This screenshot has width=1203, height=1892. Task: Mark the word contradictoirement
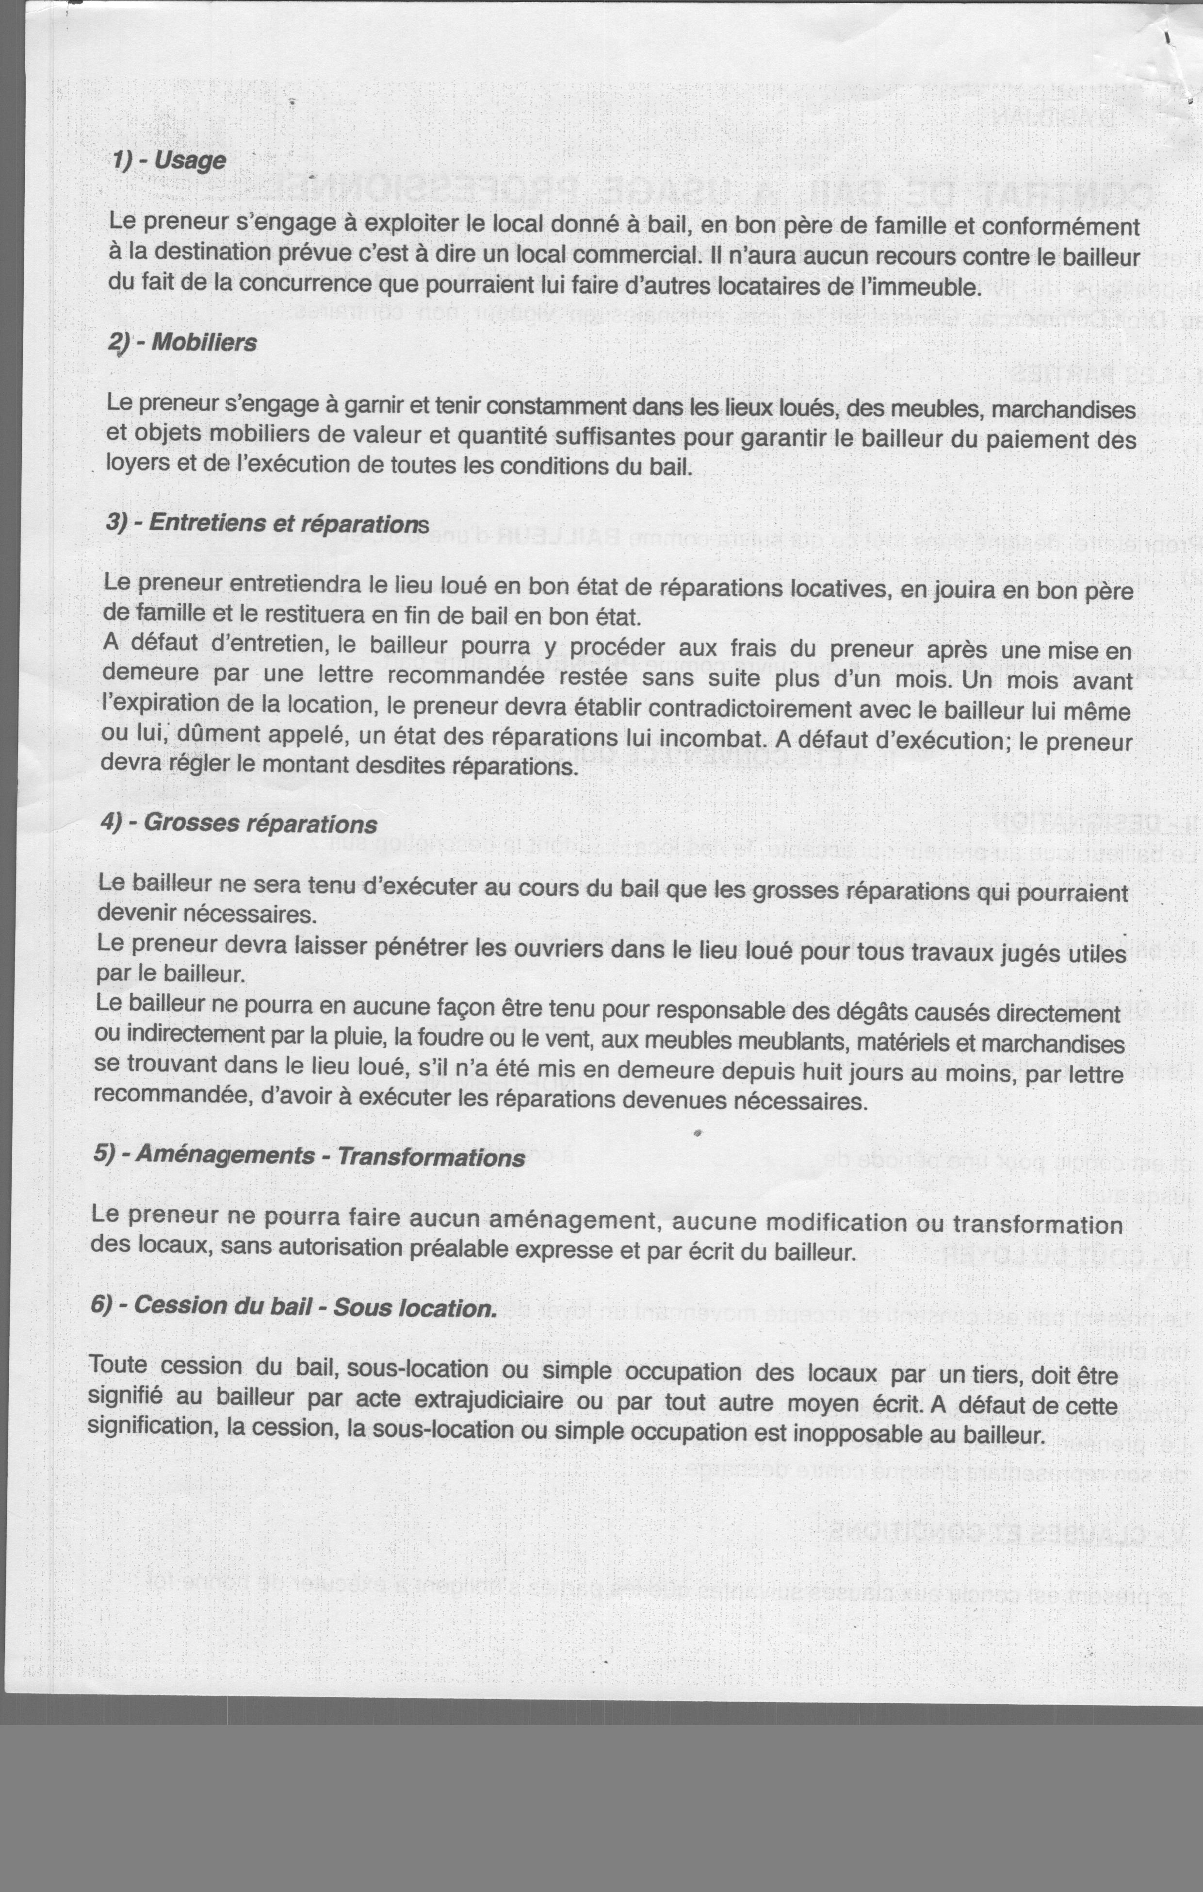(750, 709)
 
